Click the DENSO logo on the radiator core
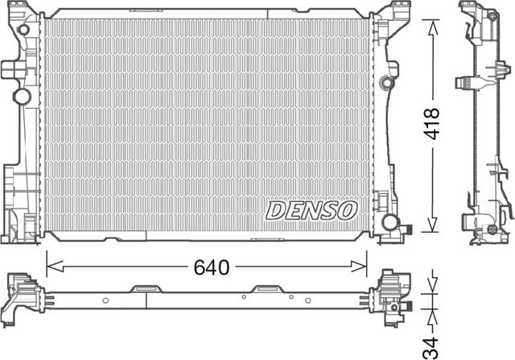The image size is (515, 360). click(311, 211)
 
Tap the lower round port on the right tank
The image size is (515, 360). click(390, 221)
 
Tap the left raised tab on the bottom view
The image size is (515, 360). click(146, 288)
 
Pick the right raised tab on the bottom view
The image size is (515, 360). click(266, 288)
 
